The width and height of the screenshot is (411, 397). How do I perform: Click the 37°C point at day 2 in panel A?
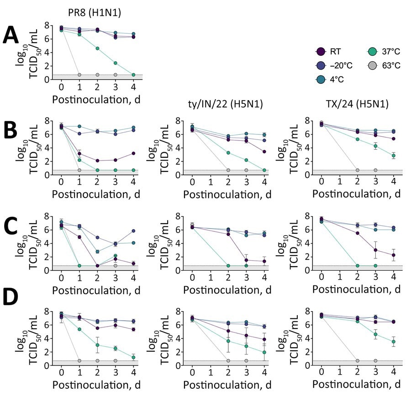point(97,48)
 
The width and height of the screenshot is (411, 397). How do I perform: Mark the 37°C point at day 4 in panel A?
point(133,75)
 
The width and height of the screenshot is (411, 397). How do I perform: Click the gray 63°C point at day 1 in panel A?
point(79,75)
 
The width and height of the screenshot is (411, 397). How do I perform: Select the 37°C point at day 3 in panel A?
point(116,63)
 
